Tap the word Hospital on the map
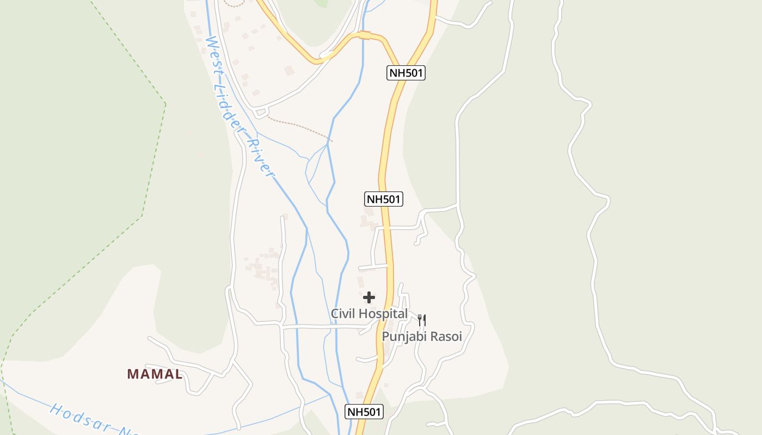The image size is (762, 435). click(380, 314)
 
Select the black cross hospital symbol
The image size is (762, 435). click(369, 297)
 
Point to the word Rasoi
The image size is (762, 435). click(446, 337)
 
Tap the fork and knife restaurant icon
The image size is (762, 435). click(422, 320)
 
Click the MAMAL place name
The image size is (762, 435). click(155, 374)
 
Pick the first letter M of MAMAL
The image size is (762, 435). click(132, 374)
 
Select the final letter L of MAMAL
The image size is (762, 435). click(178, 374)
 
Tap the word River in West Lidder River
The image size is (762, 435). click(260, 158)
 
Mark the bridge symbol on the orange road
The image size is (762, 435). click(365, 36)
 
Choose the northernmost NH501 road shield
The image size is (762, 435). click(406, 73)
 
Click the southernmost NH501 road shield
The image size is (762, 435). click(365, 412)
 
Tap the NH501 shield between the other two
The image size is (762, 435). click(383, 199)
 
